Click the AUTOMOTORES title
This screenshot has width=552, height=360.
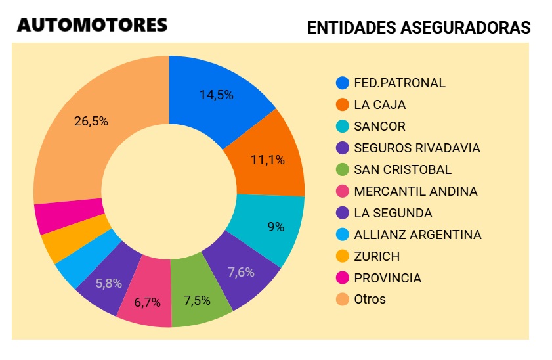(x=92, y=26)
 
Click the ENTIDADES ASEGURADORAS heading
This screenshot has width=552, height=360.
(x=419, y=28)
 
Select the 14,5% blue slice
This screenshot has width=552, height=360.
(x=217, y=95)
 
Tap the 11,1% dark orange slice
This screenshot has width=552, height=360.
(x=267, y=160)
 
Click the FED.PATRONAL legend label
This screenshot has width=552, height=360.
(x=399, y=83)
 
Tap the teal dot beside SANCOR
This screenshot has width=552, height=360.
(x=342, y=126)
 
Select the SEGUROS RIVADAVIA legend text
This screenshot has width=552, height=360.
(x=417, y=148)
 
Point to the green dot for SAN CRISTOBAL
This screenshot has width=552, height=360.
(x=342, y=169)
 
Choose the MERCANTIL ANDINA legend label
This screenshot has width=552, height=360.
(x=415, y=191)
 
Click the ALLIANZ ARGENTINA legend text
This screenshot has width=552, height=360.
(x=417, y=235)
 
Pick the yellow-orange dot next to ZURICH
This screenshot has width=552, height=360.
(x=342, y=256)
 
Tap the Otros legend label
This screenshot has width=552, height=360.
(x=370, y=299)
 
